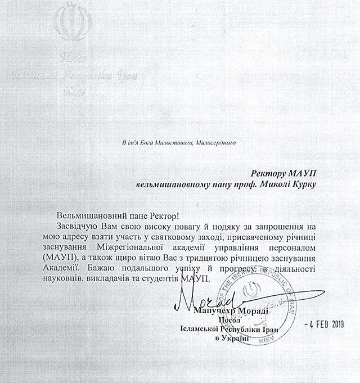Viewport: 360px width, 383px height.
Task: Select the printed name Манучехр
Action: point(211,312)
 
